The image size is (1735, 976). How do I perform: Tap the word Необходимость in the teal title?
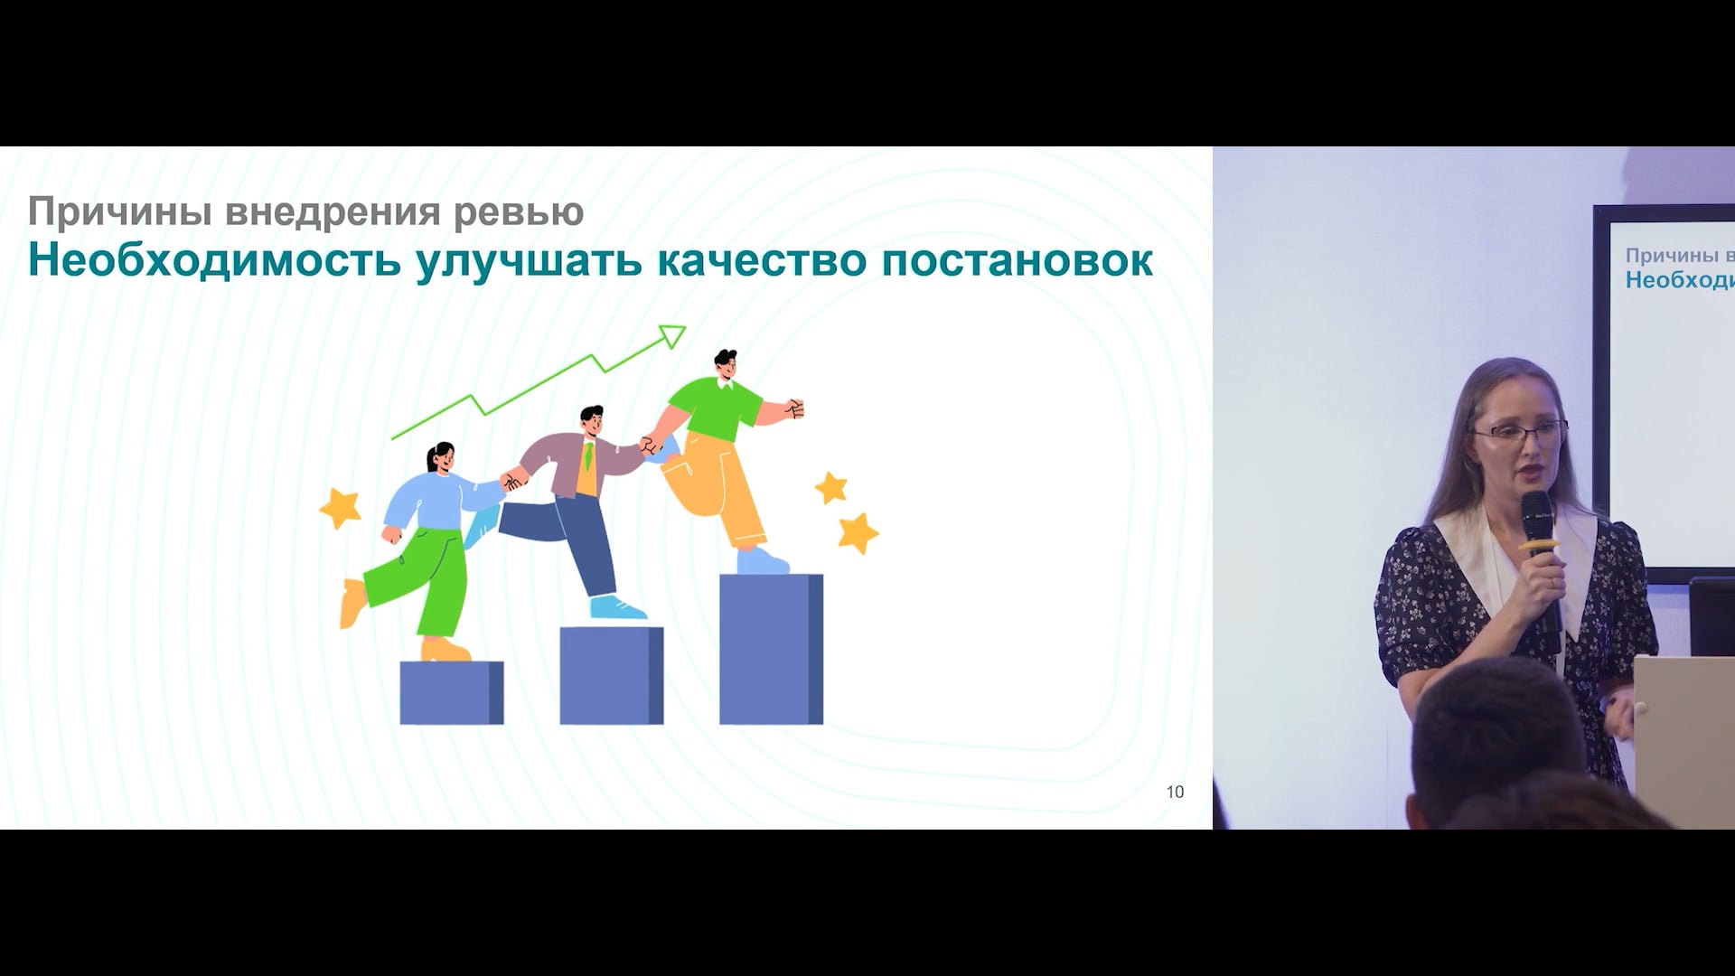click(214, 260)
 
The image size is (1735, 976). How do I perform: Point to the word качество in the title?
click(762, 260)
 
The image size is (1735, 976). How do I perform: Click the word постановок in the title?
click(1017, 260)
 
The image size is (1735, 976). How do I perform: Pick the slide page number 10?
click(1175, 792)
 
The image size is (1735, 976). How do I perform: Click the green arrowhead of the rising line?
click(672, 336)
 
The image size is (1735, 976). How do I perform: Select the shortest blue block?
click(451, 692)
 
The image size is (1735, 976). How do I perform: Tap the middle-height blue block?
click(611, 676)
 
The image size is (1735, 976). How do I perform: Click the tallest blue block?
click(771, 649)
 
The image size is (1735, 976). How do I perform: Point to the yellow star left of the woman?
click(341, 508)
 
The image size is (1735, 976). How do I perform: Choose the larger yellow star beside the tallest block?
click(858, 533)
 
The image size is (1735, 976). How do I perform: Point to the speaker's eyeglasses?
click(1522, 432)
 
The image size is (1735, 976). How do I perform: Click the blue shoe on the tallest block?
click(763, 561)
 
